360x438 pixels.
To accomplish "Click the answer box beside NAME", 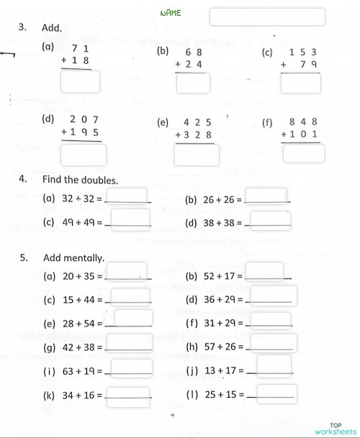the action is click(x=267, y=16).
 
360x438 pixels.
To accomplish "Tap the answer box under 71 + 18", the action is click(x=80, y=83).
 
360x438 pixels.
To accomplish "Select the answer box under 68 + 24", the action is click(x=193, y=83).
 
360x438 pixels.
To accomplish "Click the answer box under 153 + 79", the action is click(x=301, y=83).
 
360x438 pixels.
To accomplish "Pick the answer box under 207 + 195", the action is click(x=84, y=154).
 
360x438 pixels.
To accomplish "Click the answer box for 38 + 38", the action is click(x=271, y=219).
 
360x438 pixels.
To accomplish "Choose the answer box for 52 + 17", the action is click(x=264, y=271).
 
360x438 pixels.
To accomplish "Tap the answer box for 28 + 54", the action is click(x=133, y=319).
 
